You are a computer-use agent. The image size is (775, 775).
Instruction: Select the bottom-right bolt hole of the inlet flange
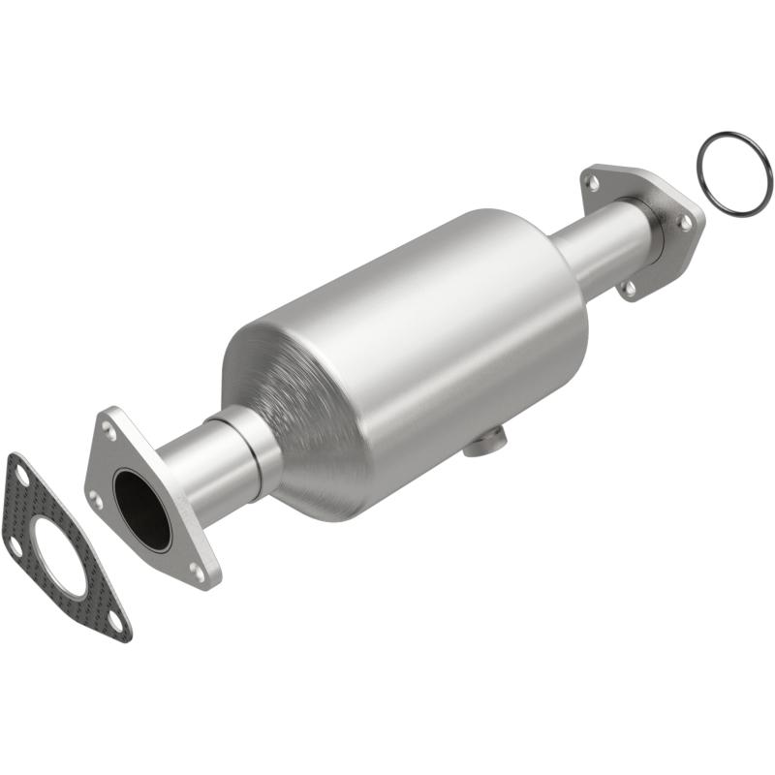tap(198, 572)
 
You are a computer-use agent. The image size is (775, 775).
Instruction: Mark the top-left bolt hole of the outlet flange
tap(592, 181)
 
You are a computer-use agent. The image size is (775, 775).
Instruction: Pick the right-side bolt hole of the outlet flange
tap(685, 222)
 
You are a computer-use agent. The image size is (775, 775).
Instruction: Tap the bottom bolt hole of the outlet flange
tap(629, 287)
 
